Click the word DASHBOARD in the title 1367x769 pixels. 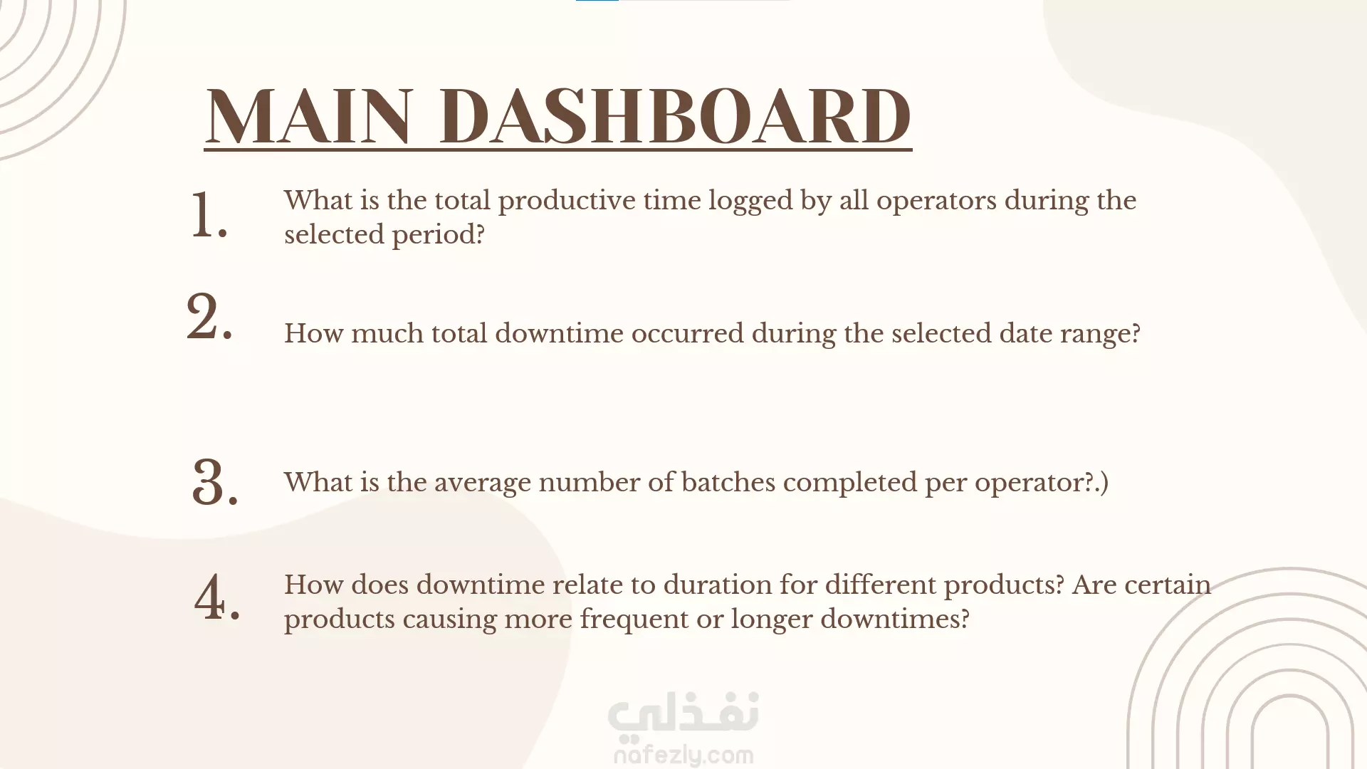(x=675, y=116)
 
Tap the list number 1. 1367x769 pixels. (x=209, y=214)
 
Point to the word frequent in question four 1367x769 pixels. (x=634, y=619)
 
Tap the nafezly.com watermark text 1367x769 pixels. (x=683, y=754)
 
